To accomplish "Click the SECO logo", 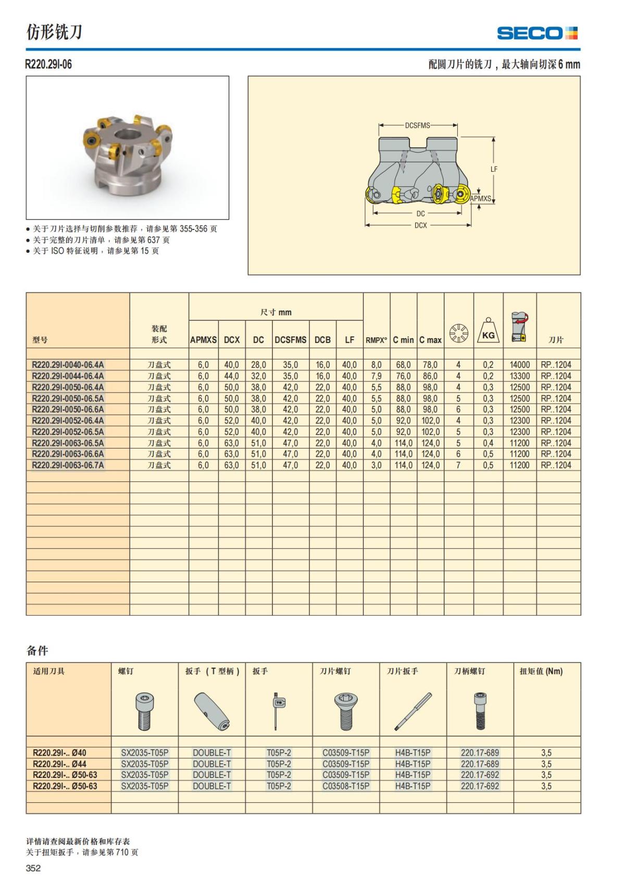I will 537,33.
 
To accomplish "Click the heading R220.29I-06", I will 49,65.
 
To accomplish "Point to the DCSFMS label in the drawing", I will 417,125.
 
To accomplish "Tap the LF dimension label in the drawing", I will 494,169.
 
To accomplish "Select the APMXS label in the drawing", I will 480,198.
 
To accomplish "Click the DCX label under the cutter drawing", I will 420,225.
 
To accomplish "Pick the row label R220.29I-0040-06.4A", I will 68,365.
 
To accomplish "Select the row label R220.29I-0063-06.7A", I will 68,465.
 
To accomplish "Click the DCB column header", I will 322,340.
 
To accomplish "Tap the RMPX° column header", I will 376,340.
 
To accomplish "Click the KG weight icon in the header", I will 488,331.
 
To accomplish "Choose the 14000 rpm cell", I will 519,365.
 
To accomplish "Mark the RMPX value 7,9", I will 376,376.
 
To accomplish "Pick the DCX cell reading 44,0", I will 232,376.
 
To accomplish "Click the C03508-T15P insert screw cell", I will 346,786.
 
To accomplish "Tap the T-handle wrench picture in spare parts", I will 211,711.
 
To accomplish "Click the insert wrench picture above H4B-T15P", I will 413,711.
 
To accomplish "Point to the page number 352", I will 33,868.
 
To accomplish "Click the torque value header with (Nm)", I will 541,671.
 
